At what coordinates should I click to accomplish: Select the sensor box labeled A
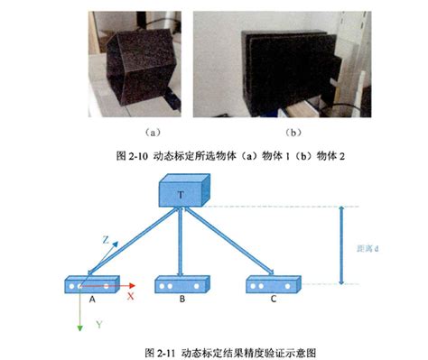[x=91, y=285]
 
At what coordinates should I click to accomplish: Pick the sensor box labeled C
[x=273, y=285]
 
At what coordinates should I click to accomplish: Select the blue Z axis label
[x=106, y=241]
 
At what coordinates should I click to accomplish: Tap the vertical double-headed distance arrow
[x=340, y=245]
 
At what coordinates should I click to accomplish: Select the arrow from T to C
[x=229, y=241]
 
